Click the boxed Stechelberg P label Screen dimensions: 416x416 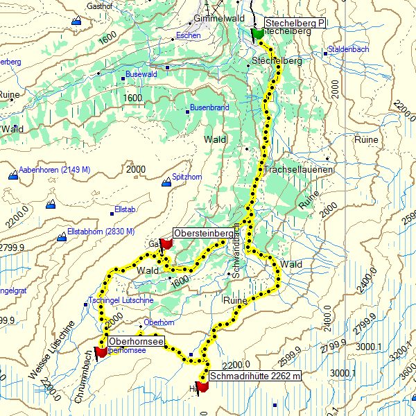(x=295, y=24)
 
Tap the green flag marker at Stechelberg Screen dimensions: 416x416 (x=257, y=32)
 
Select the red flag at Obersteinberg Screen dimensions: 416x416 (x=166, y=243)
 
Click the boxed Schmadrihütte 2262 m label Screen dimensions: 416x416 (x=257, y=376)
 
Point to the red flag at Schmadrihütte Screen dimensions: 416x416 (x=202, y=386)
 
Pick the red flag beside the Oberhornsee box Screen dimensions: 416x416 (x=101, y=352)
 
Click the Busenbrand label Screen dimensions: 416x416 (x=210, y=108)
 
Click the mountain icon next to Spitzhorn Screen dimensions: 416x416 (x=166, y=183)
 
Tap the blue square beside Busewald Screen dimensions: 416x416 (x=123, y=78)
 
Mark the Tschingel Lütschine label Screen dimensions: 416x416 (x=121, y=300)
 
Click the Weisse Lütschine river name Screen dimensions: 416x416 (x=53, y=351)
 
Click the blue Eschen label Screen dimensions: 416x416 (x=188, y=35)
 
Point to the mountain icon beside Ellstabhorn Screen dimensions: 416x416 (x=62, y=237)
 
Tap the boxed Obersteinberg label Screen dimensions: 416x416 (x=202, y=232)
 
